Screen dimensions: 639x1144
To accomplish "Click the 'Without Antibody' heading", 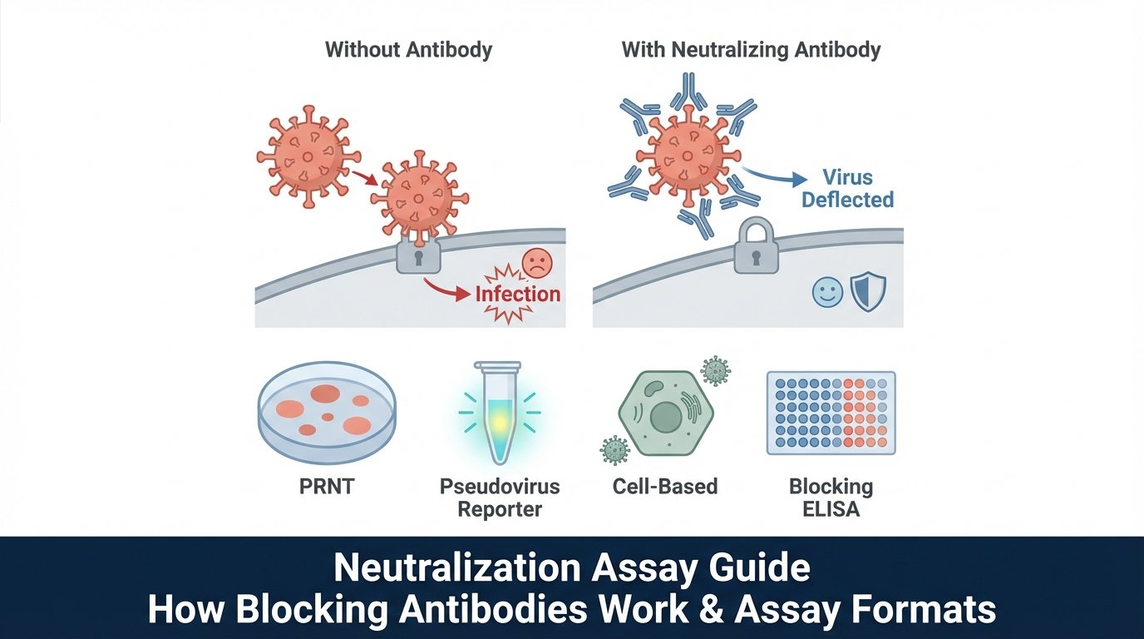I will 408,50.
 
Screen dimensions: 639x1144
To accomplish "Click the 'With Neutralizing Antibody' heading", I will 751,50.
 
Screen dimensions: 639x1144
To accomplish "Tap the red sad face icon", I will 536,263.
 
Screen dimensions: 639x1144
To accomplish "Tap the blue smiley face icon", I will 826,292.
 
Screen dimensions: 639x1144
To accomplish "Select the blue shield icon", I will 869,292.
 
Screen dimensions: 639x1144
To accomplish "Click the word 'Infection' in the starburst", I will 518,294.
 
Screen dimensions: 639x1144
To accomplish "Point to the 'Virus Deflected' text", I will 847,189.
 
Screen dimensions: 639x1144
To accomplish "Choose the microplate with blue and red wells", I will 831,413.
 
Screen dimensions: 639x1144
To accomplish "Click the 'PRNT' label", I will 327,487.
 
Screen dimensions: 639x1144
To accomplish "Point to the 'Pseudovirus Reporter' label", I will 500,498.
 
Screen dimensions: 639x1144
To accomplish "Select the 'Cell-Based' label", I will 664,487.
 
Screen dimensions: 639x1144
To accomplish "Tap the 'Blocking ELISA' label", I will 831,498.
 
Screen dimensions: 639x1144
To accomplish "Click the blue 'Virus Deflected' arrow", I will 773,176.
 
